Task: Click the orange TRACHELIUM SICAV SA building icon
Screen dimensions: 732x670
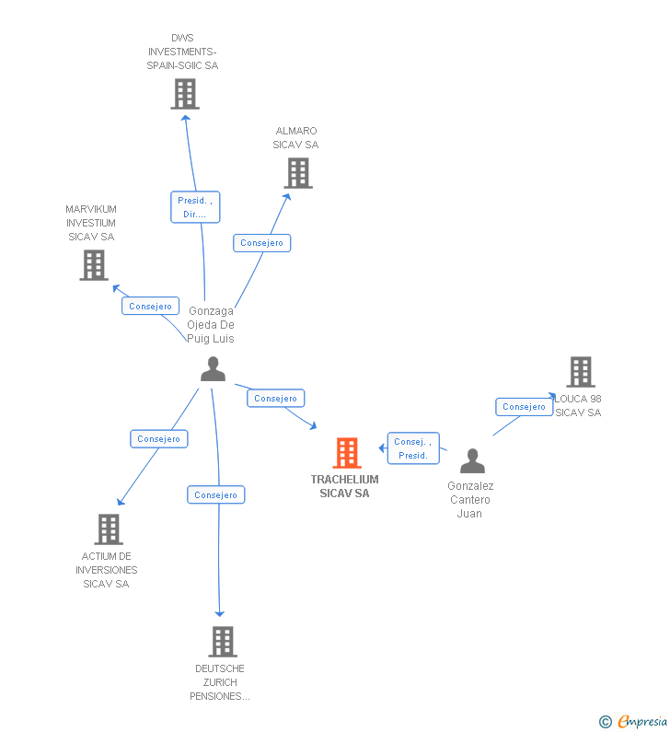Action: coord(346,453)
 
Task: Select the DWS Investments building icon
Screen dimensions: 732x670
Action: coord(185,94)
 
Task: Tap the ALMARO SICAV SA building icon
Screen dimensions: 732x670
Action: coord(298,173)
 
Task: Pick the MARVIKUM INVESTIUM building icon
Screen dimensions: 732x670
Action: coord(94,265)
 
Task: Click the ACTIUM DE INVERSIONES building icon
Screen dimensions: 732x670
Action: coord(109,529)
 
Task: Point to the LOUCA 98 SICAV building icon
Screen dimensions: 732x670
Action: coord(580,372)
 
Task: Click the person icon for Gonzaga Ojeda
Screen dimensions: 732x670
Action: coord(213,369)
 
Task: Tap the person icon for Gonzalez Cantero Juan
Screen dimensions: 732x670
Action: coord(472,460)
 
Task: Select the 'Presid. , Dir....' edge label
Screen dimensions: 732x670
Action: coord(195,207)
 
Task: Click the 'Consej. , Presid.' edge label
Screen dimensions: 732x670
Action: coord(413,448)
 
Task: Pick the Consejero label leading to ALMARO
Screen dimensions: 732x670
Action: coord(262,243)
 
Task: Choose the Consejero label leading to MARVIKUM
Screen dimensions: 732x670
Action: coord(150,306)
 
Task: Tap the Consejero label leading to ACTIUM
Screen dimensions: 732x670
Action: coord(158,439)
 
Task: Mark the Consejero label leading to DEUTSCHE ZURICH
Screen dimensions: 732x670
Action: coord(216,495)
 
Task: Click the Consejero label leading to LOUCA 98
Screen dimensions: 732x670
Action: coord(525,407)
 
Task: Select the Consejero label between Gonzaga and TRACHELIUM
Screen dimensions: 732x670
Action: coord(276,399)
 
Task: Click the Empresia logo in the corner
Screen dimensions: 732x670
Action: coord(634,722)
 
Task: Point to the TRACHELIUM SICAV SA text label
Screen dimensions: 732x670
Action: coord(344,486)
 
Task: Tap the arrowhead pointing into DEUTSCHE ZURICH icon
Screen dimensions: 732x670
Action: coord(219,613)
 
